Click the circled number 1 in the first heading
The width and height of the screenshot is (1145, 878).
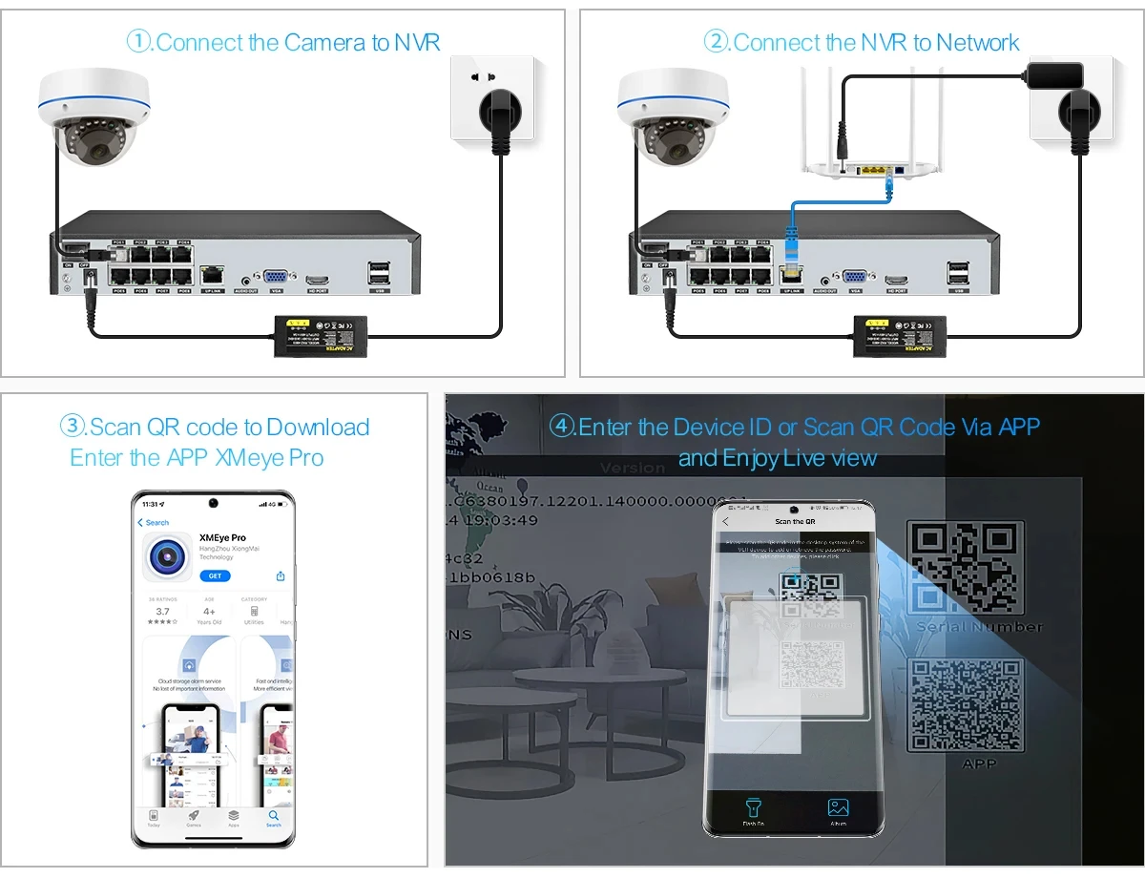tap(139, 42)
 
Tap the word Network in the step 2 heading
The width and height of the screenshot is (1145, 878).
tap(978, 43)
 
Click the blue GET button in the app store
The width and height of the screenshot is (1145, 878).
tap(215, 576)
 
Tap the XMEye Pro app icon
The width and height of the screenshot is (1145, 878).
tap(166, 556)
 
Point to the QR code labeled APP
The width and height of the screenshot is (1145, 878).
tap(965, 705)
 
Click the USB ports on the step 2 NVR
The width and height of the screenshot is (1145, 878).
tap(959, 273)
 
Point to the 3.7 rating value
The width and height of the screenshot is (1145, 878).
tap(162, 612)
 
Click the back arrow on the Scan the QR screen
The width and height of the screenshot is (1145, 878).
tap(725, 521)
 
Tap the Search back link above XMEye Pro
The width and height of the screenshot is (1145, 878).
tap(154, 523)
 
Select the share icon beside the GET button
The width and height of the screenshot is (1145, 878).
tap(281, 576)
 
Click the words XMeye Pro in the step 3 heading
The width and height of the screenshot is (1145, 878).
tap(270, 458)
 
